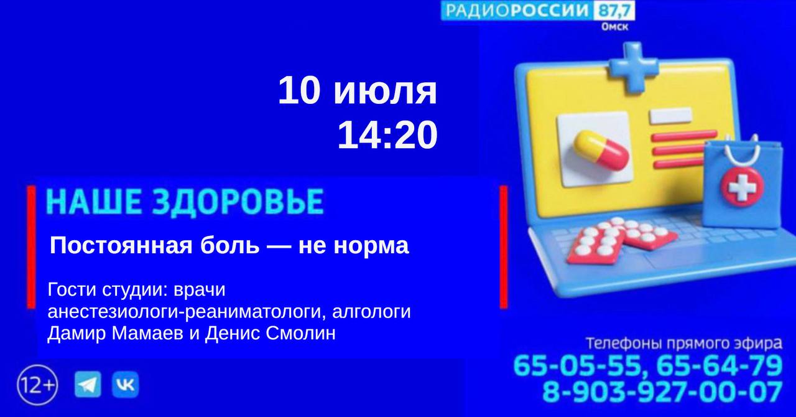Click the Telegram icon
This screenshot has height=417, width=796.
[x=88, y=384]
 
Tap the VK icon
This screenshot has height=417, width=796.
[x=126, y=384]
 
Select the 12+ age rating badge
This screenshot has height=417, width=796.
[x=37, y=385]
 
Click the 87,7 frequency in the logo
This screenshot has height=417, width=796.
[x=614, y=11]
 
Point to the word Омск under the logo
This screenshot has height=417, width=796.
[x=615, y=27]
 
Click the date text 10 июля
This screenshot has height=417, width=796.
[x=358, y=91]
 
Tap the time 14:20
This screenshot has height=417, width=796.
[x=387, y=135]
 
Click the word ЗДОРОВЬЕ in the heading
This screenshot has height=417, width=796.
[x=239, y=202]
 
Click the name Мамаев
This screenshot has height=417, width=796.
[x=147, y=333]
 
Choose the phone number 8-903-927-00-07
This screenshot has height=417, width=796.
[x=662, y=391]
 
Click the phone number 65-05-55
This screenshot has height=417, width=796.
[x=578, y=366]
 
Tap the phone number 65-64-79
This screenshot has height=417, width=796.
[x=720, y=366]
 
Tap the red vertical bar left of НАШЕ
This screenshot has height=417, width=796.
[x=31, y=246]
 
